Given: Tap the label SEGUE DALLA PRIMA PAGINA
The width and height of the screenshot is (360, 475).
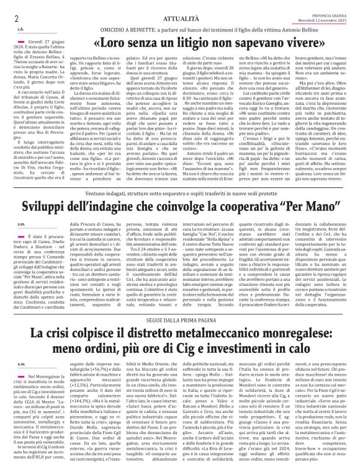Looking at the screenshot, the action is click(x=179, y=300).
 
